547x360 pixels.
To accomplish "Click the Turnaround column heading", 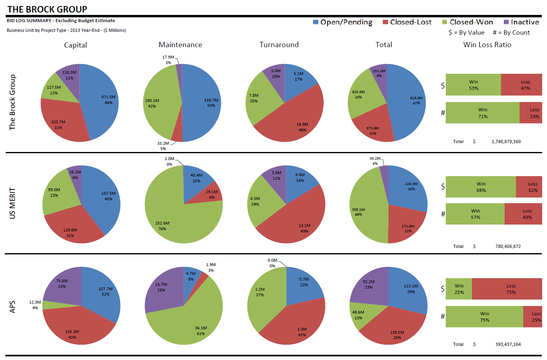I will point(279,45).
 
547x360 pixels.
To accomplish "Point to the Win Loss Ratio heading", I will point(487,45).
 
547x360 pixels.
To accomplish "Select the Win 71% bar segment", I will point(482,113).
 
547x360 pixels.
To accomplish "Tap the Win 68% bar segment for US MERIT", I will point(480,187).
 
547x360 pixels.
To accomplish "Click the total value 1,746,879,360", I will point(506,142).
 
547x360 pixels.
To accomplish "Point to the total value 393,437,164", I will point(508,344).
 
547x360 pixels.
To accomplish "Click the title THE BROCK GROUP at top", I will point(47,9).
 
